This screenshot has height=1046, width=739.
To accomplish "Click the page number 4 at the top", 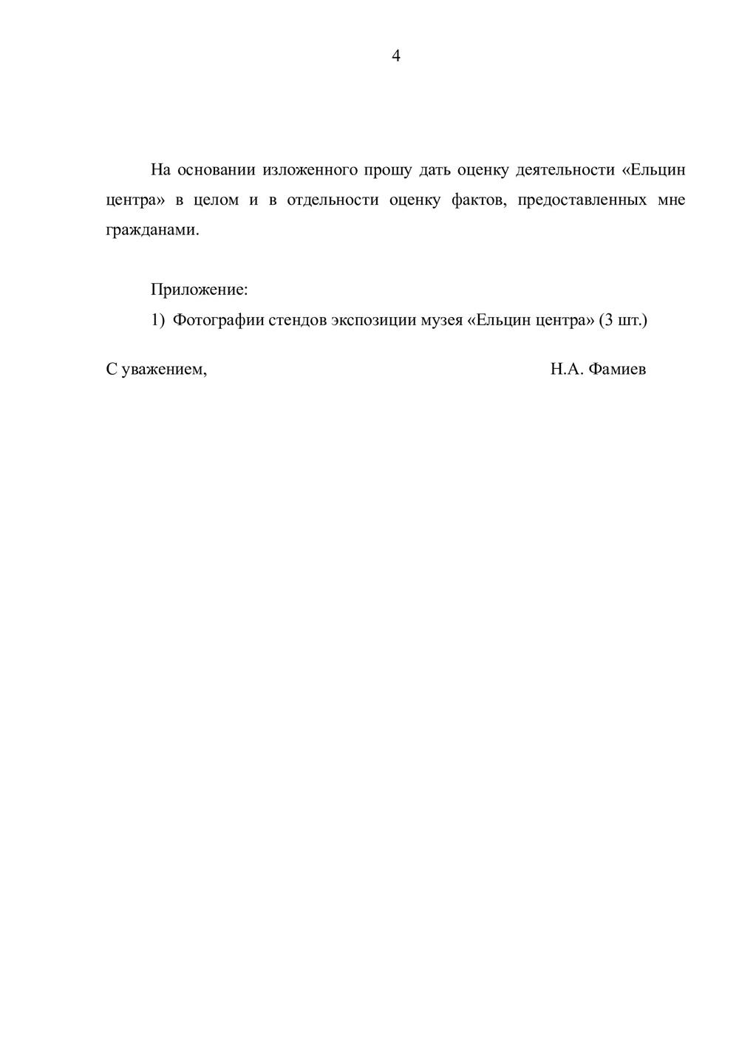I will click(x=396, y=56).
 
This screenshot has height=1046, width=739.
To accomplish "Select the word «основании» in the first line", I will click(x=216, y=170).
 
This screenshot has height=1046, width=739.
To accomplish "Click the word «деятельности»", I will click(x=565, y=170).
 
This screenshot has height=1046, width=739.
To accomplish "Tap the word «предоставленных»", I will click(x=582, y=200).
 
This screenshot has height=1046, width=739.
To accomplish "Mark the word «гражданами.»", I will click(x=153, y=231).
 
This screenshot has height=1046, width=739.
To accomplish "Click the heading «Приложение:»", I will click(x=199, y=290).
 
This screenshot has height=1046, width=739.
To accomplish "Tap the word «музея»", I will click(x=441, y=320).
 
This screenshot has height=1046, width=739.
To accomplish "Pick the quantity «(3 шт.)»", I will click(x=623, y=320).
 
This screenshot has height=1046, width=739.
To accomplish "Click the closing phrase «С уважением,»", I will click(x=157, y=370).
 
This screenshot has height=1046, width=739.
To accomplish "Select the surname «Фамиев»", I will click(x=618, y=370).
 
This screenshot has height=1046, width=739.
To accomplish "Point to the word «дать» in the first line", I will click(x=435, y=170).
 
